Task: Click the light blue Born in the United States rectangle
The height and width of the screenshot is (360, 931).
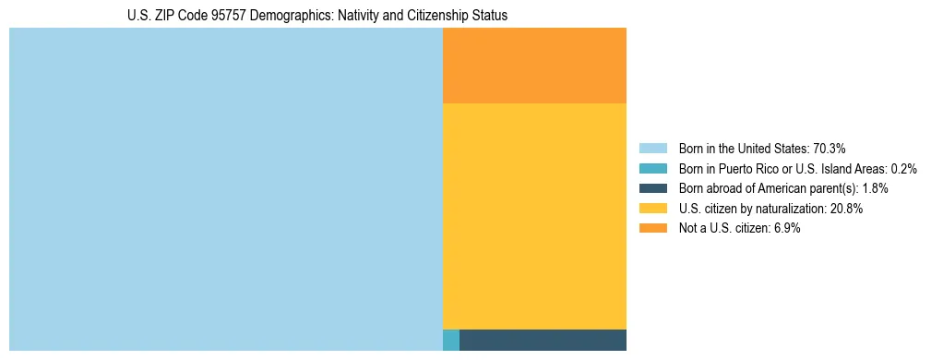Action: tap(226, 189)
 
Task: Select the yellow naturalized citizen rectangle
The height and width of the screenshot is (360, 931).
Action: tap(534, 216)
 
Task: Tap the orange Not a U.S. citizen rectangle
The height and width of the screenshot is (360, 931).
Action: tap(534, 66)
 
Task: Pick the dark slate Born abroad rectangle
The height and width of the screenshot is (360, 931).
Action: tap(543, 340)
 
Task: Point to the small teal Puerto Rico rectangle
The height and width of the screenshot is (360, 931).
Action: tap(450, 340)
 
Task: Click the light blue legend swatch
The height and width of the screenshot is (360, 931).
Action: tap(652, 149)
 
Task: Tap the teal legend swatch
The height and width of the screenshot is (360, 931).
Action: tap(652, 169)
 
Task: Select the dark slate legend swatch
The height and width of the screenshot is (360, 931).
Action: tap(652, 188)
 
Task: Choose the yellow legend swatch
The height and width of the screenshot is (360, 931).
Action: tap(652, 209)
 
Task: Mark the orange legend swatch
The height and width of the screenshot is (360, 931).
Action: tap(652, 229)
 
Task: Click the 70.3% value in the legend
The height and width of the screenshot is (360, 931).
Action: tap(829, 149)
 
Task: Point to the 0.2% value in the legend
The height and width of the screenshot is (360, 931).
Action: tap(903, 169)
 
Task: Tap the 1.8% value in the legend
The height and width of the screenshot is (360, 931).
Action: tap(875, 188)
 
